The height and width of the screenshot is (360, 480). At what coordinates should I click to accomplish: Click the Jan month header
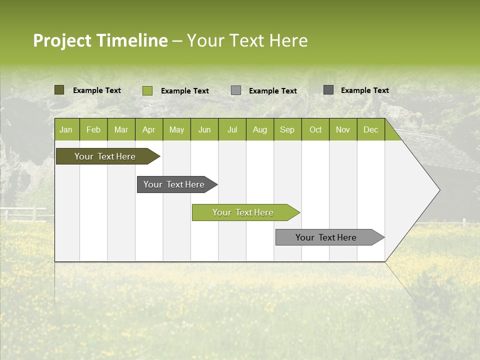tap(66, 129)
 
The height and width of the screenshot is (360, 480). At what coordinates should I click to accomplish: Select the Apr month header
tap(148, 129)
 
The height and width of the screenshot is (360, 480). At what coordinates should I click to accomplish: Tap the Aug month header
tap(259, 129)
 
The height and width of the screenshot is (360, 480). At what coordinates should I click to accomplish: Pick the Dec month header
tap(370, 129)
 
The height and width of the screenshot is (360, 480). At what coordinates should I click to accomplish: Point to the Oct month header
tap(315, 129)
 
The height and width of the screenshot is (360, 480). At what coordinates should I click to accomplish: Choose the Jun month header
tap(204, 129)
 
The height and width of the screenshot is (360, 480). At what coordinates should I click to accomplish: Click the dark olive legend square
tap(59, 90)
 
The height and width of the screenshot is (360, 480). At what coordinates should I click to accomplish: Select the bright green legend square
tap(147, 90)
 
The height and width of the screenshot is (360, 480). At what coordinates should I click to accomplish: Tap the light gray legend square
tap(236, 90)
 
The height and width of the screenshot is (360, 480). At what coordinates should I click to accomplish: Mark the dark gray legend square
tap(328, 90)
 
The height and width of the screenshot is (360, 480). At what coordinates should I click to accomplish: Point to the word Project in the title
tap(62, 40)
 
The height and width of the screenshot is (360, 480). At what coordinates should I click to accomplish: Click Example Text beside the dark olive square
tap(97, 90)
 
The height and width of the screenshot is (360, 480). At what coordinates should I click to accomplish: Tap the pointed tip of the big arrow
tap(438, 189)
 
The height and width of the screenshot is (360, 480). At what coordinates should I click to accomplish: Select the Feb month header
tap(93, 129)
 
